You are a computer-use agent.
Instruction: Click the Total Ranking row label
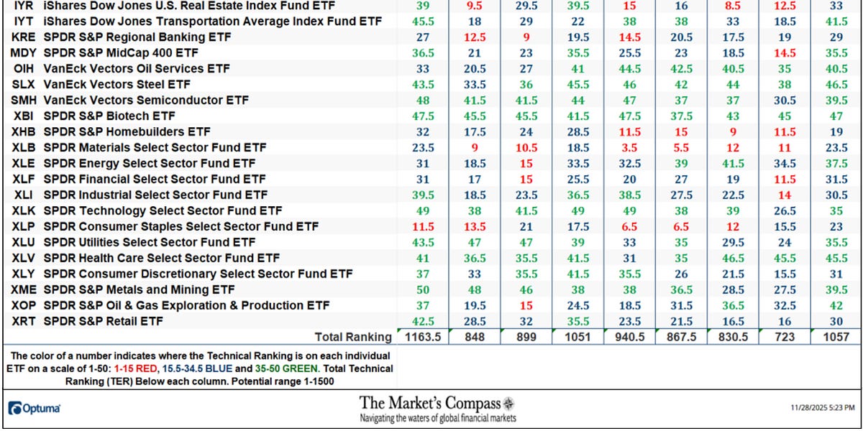click(352, 337)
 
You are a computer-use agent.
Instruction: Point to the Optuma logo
click(34, 408)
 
